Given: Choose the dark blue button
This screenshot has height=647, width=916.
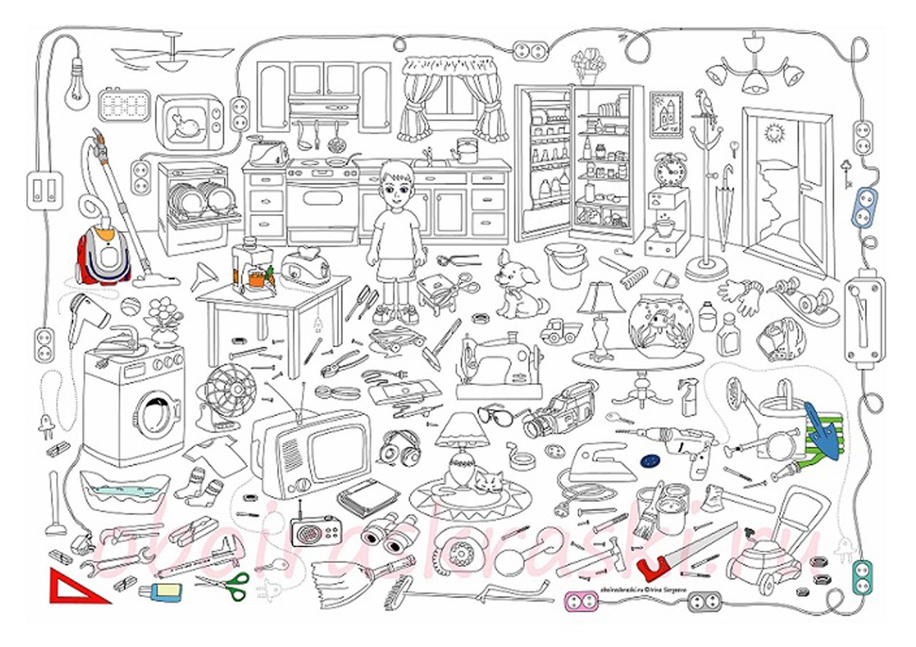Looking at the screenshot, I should (649, 460).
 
